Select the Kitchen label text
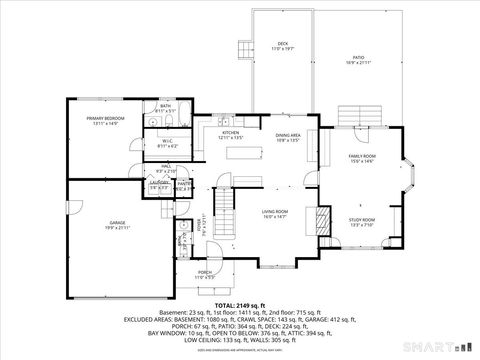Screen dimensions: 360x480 click(230, 133)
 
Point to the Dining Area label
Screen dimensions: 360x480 click(289, 136)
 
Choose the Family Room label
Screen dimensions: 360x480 click(362, 157)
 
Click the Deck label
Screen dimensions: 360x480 click(282, 45)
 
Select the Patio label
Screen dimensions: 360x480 click(358, 59)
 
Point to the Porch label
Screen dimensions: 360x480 click(204, 272)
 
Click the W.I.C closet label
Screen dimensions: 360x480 click(167, 142)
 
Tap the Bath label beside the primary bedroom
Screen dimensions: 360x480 click(166, 105)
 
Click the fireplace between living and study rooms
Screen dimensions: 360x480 click(323, 219)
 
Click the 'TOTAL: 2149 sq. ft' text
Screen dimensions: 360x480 click(240, 304)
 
